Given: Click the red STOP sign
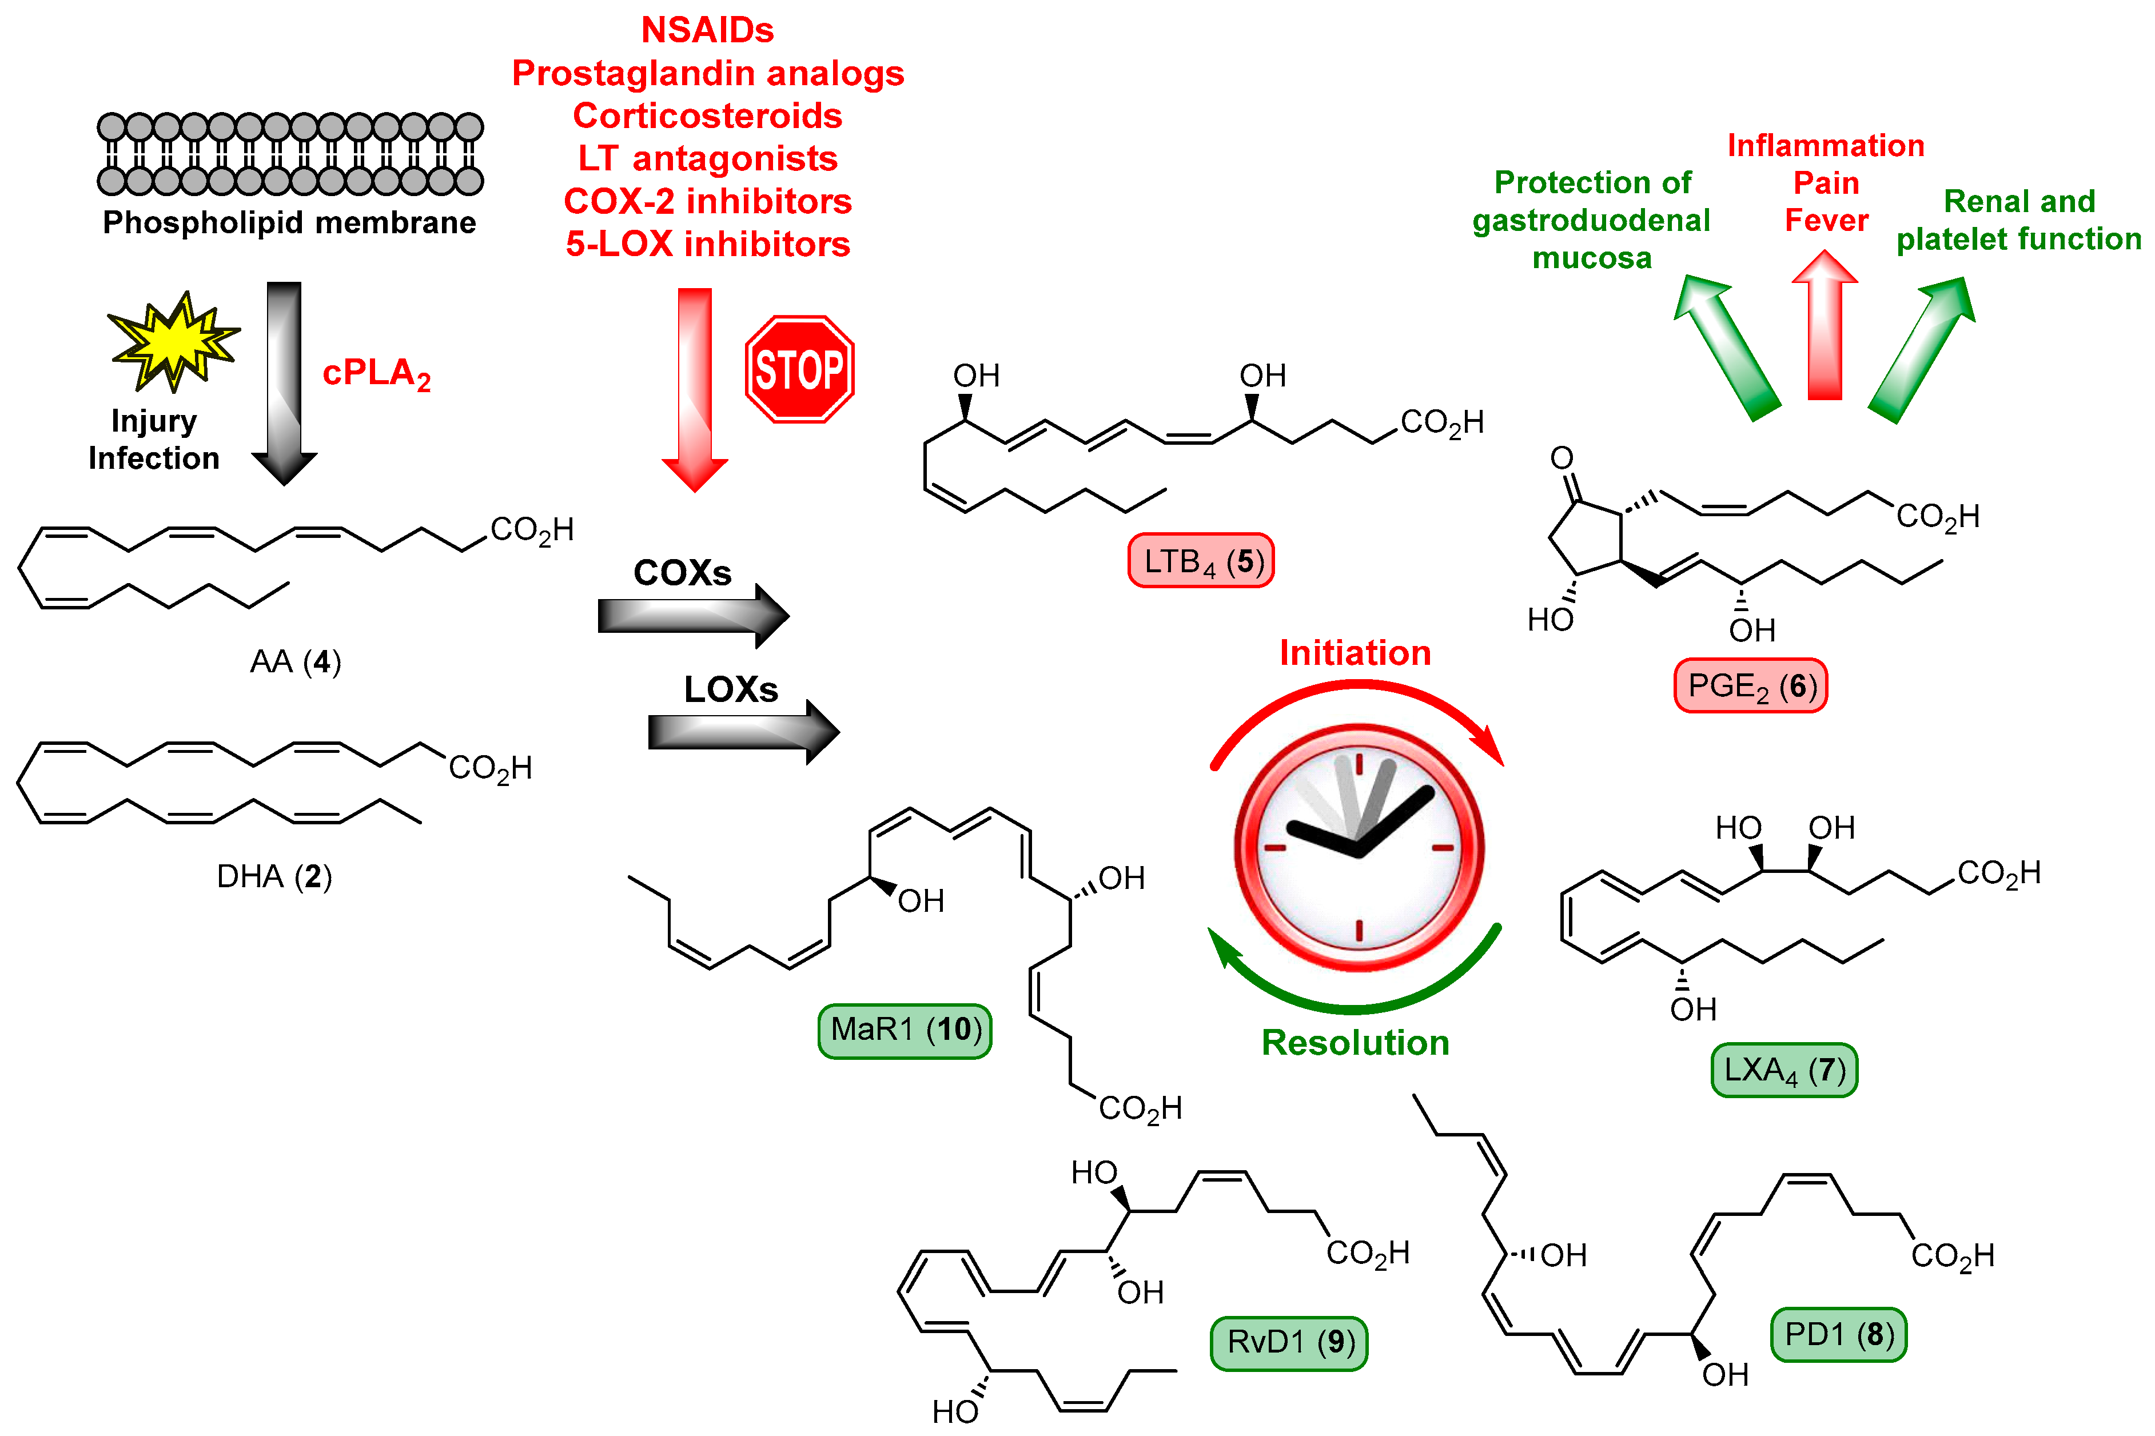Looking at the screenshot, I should pos(799,369).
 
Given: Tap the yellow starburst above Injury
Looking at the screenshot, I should pos(174,341).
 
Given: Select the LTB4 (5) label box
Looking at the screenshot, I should pos(1200,560).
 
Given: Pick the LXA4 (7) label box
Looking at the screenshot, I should pos(1783,1070).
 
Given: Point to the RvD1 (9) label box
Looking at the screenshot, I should pos(1289,1343).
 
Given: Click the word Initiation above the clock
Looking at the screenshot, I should pos(1355,653).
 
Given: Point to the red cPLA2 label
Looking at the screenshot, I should pos(376,374).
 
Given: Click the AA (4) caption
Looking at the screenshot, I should pos(295,661).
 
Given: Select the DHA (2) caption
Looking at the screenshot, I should pos(274,876).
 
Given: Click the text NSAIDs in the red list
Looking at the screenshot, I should pos(707,30).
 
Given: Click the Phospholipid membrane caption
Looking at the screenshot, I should pos(289,222).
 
